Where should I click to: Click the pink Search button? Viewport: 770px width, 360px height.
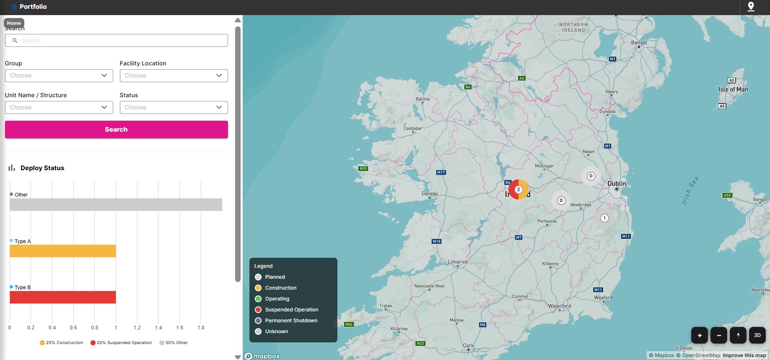tap(116, 129)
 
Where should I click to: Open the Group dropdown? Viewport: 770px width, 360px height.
tap(59, 75)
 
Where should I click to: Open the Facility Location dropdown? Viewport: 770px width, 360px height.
tap(174, 75)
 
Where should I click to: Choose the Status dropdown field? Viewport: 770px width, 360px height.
tap(174, 107)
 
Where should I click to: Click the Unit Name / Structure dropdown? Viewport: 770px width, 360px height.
tap(59, 107)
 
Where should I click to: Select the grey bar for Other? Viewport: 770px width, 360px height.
tap(116, 205)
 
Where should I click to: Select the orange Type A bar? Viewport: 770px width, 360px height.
tap(63, 251)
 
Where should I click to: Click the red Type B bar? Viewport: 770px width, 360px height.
tap(63, 297)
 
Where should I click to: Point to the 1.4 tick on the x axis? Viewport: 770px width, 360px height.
tap(158, 328)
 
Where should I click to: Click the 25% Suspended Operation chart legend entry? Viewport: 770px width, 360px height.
tap(121, 343)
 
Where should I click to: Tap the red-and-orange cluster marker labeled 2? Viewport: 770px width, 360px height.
tap(519, 189)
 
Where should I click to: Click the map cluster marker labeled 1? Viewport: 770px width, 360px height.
tap(604, 218)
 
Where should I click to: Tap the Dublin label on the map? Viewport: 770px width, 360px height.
tap(617, 184)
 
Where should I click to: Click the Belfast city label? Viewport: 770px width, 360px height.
tap(639, 43)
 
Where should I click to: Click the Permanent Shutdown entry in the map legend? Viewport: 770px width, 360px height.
tap(291, 321)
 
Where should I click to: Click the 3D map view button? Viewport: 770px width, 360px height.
tap(757, 335)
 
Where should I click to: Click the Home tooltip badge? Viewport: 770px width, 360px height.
tap(14, 23)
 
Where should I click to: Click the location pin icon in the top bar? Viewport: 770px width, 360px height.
tap(751, 7)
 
